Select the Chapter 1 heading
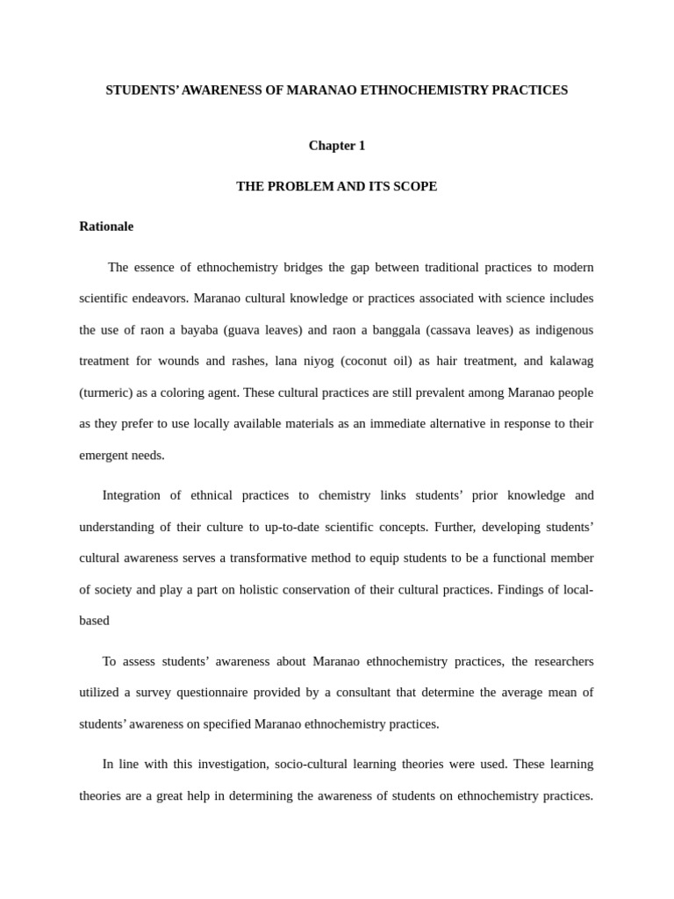(336, 146)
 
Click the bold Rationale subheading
(106, 227)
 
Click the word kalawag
(570, 361)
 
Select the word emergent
(104, 455)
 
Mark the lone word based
(94, 621)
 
